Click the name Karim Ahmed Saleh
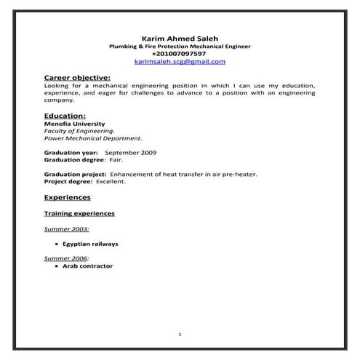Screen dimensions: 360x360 point(179,38)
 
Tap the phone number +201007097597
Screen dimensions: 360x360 point(179,54)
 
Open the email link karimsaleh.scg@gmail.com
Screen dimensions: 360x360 point(179,62)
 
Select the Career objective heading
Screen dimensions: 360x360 point(77,76)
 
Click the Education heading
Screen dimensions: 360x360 point(65,116)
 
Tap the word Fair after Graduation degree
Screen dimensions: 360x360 point(116,159)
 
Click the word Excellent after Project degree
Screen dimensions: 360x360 point(111,181)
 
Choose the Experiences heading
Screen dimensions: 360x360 point(67,197)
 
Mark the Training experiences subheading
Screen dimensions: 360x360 point(79,215)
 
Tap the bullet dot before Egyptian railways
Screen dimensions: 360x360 point(57,244)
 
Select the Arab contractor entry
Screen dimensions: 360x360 point(87,266)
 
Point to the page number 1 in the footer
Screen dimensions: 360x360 point(179,334)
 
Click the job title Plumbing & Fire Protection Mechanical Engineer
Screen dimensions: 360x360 point(179,46)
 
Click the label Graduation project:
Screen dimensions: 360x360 point(76,175)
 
